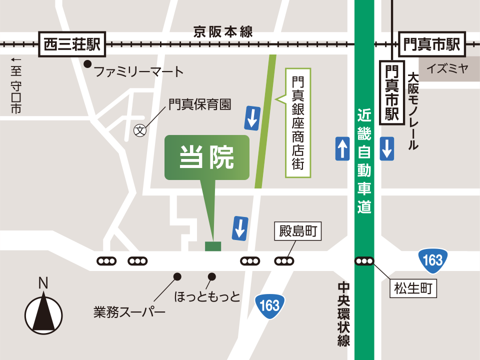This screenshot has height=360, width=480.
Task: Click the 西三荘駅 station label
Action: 72,44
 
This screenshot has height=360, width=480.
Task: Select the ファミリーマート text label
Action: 139,71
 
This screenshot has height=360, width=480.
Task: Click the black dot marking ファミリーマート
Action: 87,64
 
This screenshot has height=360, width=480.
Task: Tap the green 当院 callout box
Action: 206,157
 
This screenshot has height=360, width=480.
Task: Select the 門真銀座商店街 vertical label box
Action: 298,122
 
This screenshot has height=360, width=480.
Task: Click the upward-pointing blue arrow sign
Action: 342,148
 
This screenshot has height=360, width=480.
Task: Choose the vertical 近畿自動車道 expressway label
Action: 364,160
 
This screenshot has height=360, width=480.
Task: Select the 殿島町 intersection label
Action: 298,232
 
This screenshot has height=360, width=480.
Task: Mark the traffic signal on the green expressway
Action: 364,260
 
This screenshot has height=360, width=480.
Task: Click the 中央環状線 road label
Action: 343,314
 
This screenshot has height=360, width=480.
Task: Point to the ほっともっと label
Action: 207,297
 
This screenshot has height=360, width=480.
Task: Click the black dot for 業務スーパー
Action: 177,276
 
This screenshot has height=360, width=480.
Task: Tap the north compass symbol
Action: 44,312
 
